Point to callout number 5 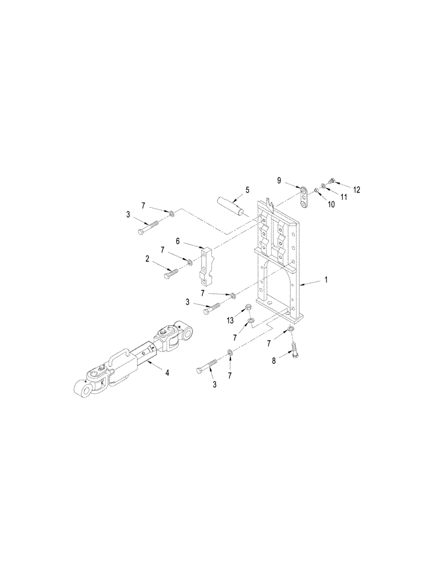click(x=246, y=190)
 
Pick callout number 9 click(x=278, y=180)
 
